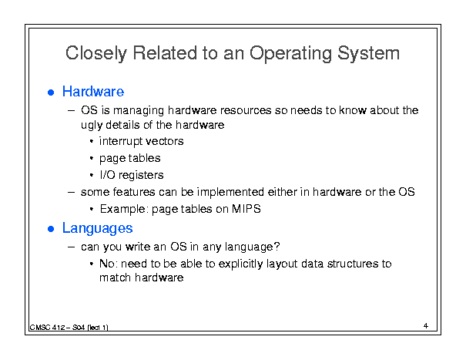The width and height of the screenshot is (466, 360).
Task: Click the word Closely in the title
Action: (96, 54)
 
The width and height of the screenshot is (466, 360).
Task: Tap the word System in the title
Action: (368, 54)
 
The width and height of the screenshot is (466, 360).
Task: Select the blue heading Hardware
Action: (93, 91)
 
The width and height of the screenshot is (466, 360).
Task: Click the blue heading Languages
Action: (98, 228)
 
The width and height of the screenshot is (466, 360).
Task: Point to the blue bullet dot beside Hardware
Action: (51, 93)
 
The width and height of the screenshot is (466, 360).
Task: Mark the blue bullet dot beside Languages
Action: (51, 229)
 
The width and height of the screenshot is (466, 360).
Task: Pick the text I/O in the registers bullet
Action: (107, 175)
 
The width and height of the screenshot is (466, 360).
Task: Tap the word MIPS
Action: (246, 209)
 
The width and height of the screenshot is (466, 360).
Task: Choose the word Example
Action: (122, 210)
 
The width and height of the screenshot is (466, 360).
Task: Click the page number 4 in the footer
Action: (426, 326)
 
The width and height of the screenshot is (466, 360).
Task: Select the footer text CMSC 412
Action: (47, 328)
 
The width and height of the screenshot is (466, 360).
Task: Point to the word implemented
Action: (230, 193)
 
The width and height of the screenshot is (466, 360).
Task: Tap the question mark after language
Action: (277, 247)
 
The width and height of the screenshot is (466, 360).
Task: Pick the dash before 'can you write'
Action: (71, 247)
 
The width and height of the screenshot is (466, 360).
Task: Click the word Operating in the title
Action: (290, 54)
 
